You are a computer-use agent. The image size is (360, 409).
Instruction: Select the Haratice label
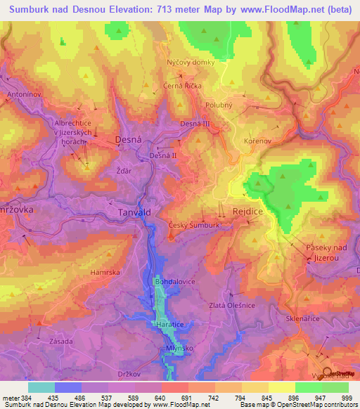169,325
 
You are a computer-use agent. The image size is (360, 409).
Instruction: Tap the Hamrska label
105,271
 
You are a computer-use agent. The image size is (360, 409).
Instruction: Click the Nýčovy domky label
186,62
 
